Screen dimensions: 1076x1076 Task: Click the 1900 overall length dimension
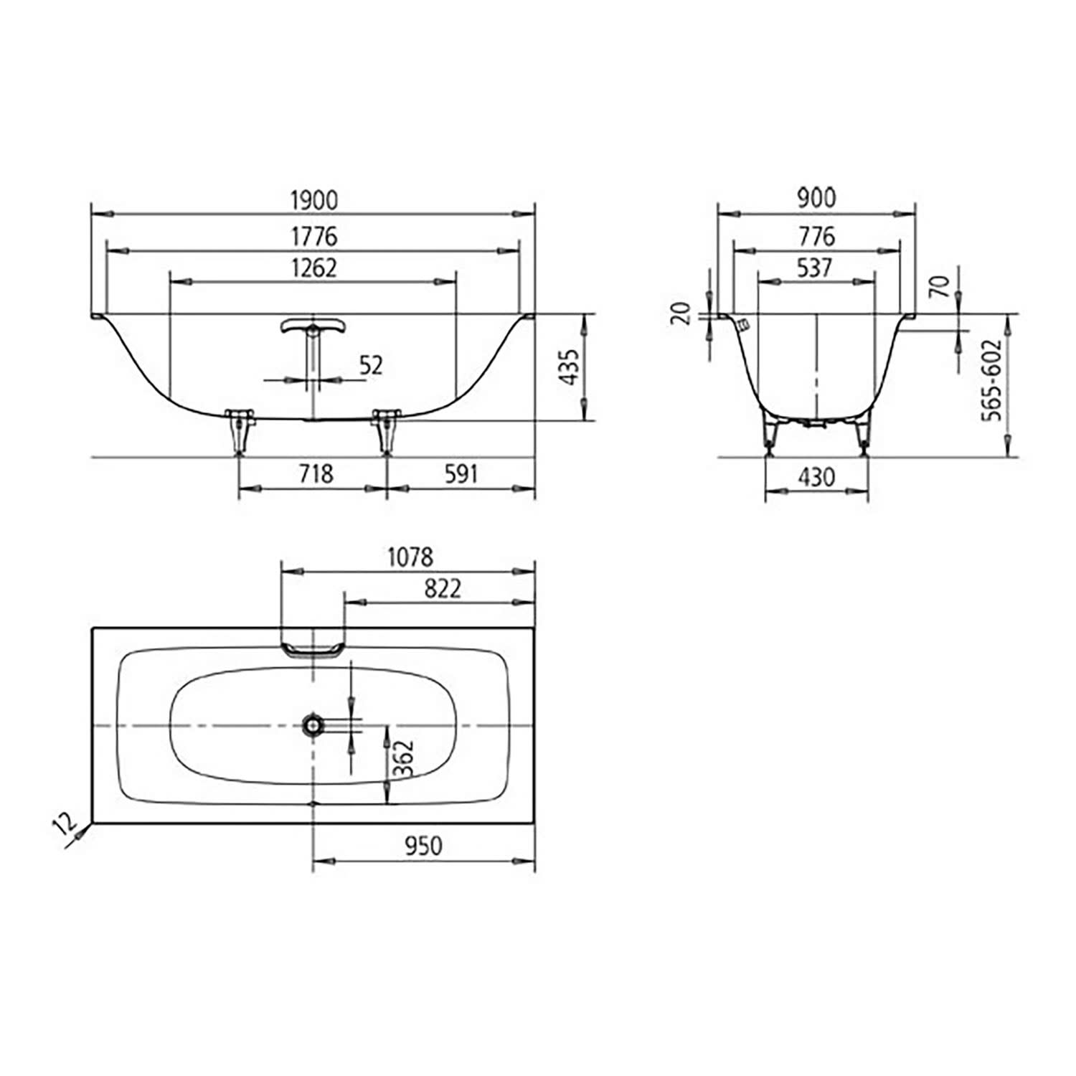coord(313,200)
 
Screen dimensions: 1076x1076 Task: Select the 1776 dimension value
coord(313,236)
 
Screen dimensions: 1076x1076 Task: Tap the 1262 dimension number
coord(313,268)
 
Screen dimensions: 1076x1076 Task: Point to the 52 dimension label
coord(371,365)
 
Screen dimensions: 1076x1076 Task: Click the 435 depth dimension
coord(569,367)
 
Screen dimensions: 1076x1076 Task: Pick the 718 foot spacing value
coord(316,473)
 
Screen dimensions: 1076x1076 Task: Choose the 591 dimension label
coord(461,473)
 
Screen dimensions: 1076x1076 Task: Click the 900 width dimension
coord(816,197)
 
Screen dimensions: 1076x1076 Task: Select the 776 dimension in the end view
coord(816,235)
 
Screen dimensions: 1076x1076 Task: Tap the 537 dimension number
coord(815,268)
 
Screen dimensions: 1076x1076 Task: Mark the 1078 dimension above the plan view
coord(410,557)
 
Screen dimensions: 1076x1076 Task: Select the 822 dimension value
coord(442,588)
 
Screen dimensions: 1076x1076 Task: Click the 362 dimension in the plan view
coord(404,759)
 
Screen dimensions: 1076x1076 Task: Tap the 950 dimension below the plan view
coord(423,846)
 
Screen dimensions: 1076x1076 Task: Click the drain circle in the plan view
coord(313,725)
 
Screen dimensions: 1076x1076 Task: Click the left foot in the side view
coord(239,430)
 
